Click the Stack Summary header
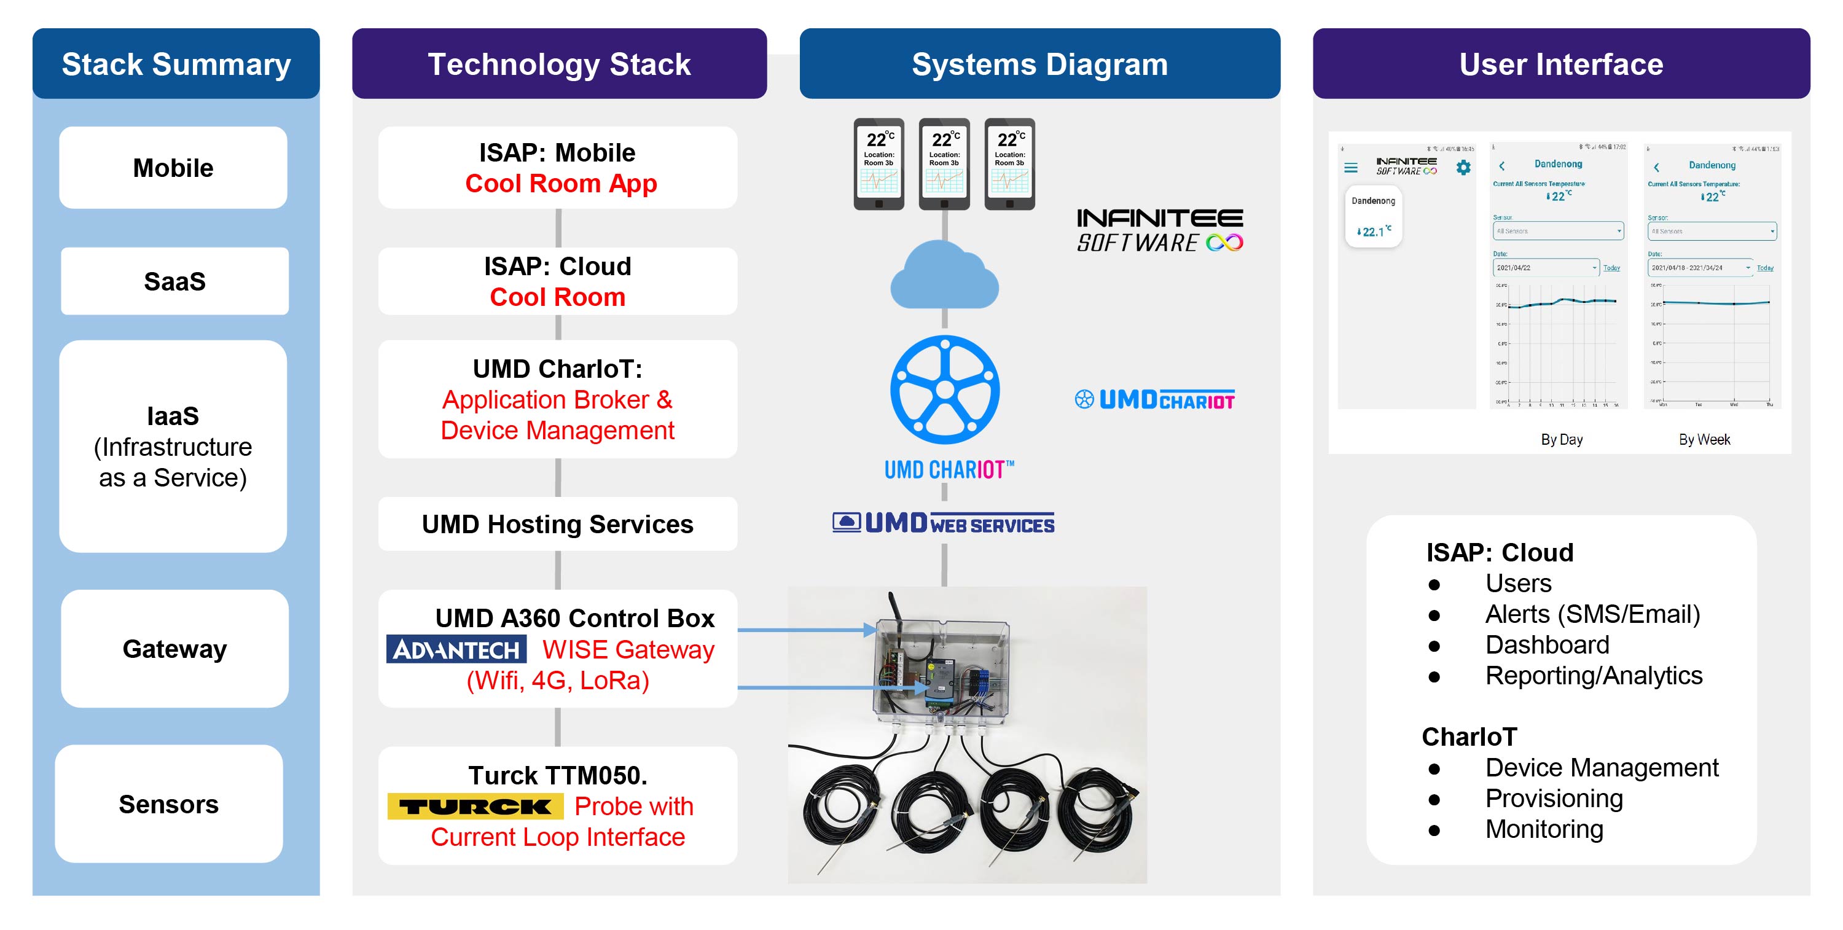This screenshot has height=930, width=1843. pos(176,64)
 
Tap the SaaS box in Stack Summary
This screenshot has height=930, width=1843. pos(174,281)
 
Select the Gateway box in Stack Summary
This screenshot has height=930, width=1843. pos(174,649)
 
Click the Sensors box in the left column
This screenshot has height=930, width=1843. pos(169,804)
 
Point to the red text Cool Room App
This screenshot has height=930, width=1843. pos(561,184)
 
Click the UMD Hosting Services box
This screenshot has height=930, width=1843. pos(557,525)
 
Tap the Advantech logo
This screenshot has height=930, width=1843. pos(456,649)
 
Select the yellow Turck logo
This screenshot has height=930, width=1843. pos(475,807)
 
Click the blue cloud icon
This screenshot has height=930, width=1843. pos(944,276)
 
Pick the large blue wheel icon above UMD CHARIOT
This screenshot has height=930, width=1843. pos(945,390)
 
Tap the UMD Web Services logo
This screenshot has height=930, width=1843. pos(943,523)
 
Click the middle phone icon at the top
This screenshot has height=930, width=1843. pos(944,164)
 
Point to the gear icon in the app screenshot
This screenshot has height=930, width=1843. pos(1464,168)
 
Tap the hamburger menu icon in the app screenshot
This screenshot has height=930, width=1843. pos(1351,168)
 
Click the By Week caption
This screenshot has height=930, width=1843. pos(1704,439)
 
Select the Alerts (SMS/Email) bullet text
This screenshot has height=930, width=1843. pos(1592,614)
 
